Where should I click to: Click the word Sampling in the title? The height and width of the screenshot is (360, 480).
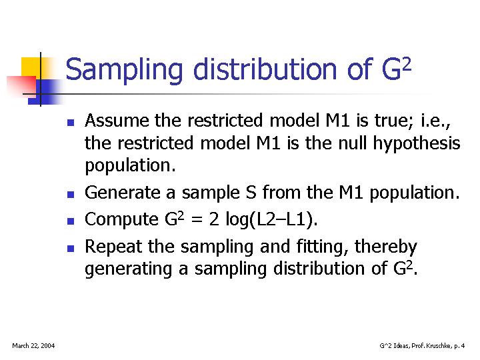(x=124, y=70)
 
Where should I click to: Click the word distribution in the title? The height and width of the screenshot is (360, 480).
(x=265, y=69)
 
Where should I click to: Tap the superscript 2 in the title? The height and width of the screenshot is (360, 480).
(x=406, y=65)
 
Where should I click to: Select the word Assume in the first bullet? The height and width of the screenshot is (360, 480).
(x=117, y=120)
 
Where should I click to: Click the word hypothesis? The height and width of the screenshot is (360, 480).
(x=417, y=144)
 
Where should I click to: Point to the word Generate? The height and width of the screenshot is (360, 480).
(x=123, y=193)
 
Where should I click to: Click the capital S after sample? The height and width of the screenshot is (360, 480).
(x=251, y=193)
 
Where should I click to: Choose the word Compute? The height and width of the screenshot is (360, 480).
(x=121, y=220)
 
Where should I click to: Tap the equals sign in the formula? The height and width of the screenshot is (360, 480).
(x=197, y=220)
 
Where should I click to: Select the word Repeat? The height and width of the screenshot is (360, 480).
(x=113, y=247)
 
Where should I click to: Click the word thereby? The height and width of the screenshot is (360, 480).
(x=385, y=247)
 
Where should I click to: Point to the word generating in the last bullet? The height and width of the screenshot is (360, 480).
(x=129, y=269)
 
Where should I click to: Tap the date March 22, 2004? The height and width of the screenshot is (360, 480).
(x=33, y=346)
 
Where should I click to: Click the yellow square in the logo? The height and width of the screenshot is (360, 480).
(x=31, y=67)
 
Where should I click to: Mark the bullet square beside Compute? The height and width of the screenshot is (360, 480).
(x=71, y=221)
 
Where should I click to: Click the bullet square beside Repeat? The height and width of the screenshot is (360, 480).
(x=71, y=248)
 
